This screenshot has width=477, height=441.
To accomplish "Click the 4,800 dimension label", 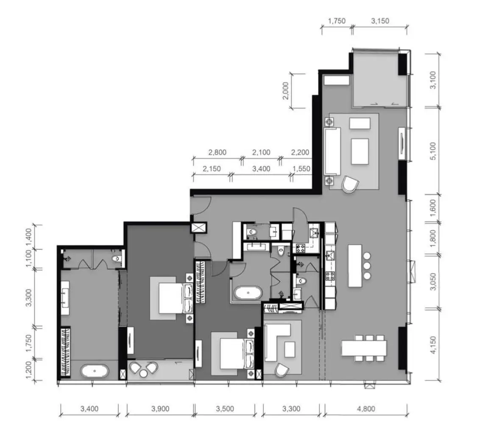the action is (x=365, y=408).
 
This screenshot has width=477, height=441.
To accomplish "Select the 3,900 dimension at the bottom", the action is (x=160, y=408).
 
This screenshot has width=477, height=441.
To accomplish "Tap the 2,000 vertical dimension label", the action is (x=285, y=91).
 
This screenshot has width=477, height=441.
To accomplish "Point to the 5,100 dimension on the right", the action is (x=433, y=151).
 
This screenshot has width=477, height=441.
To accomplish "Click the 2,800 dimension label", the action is (x=217, y=152).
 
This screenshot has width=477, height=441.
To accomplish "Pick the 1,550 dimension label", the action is (x=301, y=168).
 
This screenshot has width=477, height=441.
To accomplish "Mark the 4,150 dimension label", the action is (x=433, y=345).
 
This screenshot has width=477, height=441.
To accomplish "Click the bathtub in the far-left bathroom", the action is (x=95, y=371).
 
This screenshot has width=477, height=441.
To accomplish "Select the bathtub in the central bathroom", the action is (x=248, y=293).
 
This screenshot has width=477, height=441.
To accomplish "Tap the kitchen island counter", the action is (x=355, y=266).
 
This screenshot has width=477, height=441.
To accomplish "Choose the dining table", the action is (x=364, y=348).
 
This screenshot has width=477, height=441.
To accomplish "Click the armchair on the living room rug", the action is (x=350, y=184).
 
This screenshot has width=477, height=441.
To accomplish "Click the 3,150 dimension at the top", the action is (x=380, y=21).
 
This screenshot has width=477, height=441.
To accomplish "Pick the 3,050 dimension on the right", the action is (x=433, y=281).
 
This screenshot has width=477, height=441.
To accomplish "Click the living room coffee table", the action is (x=360, y=151).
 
